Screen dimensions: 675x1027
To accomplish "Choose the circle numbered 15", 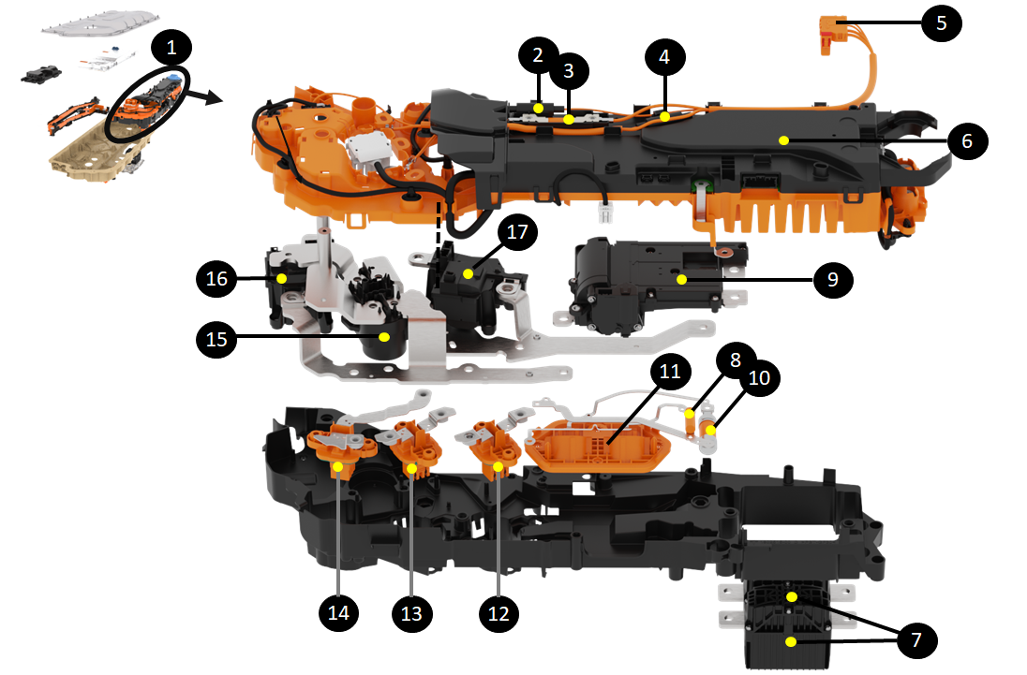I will tap(216, 339).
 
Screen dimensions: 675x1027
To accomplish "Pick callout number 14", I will tap(338, 612).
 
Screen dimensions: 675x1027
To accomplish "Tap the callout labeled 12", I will tap(499, 612).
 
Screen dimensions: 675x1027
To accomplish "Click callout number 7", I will tap(916, 640).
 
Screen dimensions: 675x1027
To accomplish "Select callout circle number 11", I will tap(669, 371).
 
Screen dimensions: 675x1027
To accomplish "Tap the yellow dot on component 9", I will tap(682, 279).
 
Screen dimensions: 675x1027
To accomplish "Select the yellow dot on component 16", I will tap(280, 279).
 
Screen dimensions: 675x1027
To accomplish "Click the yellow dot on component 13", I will tap(411, 467).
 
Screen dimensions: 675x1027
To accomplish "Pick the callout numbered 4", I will tap(664, 57).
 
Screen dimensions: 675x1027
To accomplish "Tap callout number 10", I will tap(759, 377).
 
